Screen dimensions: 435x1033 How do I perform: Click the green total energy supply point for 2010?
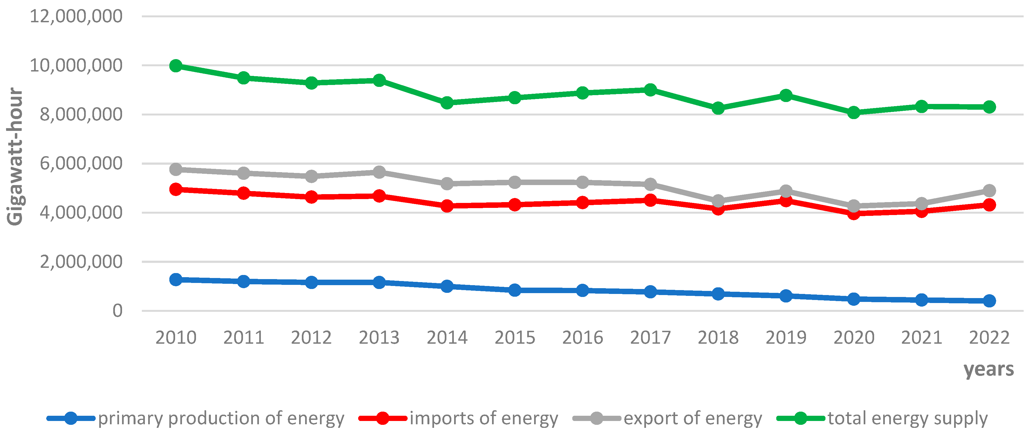(x=176, y=65)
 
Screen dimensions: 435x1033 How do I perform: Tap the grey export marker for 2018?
(x=718, y=201)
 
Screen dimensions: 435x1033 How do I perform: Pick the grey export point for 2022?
(x=989, y=190)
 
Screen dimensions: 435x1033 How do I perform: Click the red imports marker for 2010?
(x=176, y=189)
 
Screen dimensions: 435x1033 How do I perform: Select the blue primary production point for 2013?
(x=379, y=282)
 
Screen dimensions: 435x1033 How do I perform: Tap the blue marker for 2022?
(x=989, y=301)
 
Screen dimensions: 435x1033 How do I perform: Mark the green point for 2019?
(x=786, y=95)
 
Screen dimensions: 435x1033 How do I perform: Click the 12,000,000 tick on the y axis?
(x=76, y=16)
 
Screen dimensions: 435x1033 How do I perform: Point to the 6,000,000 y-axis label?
(x=81, y=163)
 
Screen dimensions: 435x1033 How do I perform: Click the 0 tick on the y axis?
(x=117, y=311)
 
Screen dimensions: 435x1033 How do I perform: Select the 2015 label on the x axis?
(x=515, y=337)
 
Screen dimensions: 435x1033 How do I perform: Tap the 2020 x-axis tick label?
(x=854, y=337)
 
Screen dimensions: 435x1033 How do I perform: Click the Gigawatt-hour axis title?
(x=15, y=156)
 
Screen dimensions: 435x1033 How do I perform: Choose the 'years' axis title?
(x=988, y=369)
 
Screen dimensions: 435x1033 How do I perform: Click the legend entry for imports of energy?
(x=483, y=418)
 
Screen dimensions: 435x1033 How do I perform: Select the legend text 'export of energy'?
(x=692, y=418)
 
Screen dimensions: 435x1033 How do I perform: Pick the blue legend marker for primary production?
(x=71, y=418)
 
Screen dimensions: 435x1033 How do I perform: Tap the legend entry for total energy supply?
(x=907, y=418)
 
